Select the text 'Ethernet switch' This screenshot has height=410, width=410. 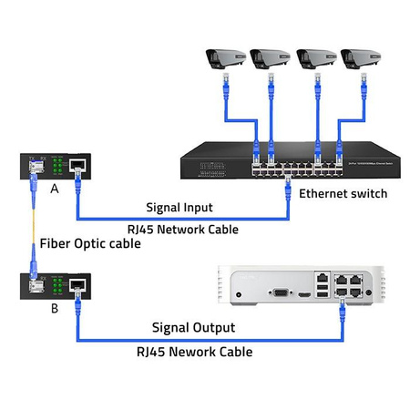pos(343,193)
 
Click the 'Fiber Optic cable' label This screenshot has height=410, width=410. pos(88,244)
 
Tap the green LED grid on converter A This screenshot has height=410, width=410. pos(56,167)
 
